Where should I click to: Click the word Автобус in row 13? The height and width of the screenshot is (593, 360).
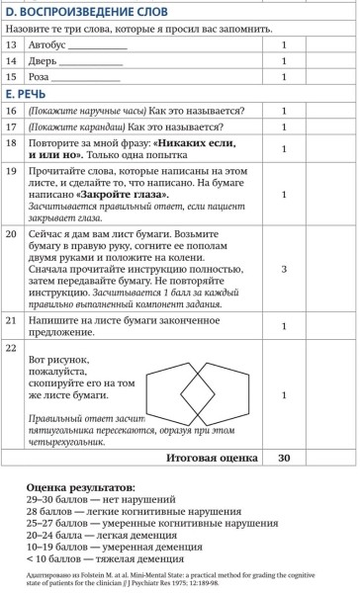[50, 44]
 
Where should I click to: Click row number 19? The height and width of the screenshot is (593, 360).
[12, 171]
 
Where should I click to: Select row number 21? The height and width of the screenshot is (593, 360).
[12, 322]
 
